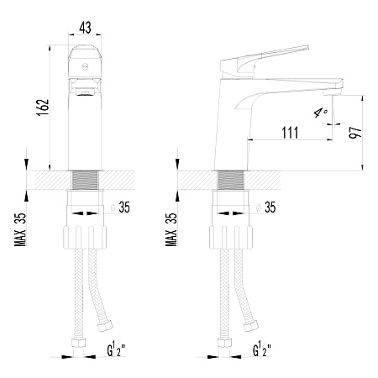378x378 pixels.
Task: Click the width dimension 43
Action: point(85,28)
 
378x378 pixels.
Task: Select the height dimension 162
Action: point(43,108)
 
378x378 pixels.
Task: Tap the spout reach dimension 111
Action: point(290,133)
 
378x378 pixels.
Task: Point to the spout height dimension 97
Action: point(355,133)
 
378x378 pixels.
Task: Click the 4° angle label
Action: point(321,113)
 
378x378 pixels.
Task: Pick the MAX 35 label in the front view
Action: point(20,229)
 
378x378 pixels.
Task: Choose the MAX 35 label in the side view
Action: point(171,229)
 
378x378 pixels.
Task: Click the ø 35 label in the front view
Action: point(121,207)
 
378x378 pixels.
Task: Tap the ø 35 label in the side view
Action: point(266,207)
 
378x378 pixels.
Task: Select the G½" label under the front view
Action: point(116,349)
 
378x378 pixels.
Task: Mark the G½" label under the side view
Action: point(262,349)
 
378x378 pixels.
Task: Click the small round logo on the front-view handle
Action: point(85,66)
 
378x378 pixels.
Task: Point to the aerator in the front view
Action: point(85,92)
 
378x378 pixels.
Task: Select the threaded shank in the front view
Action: point(85,181)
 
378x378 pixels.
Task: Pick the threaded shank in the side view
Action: point(231,181)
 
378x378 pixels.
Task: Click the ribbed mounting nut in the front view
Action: point(85,237)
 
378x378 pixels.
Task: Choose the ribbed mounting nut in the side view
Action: point(231,237)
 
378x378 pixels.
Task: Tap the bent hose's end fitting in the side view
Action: point(251,326)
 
